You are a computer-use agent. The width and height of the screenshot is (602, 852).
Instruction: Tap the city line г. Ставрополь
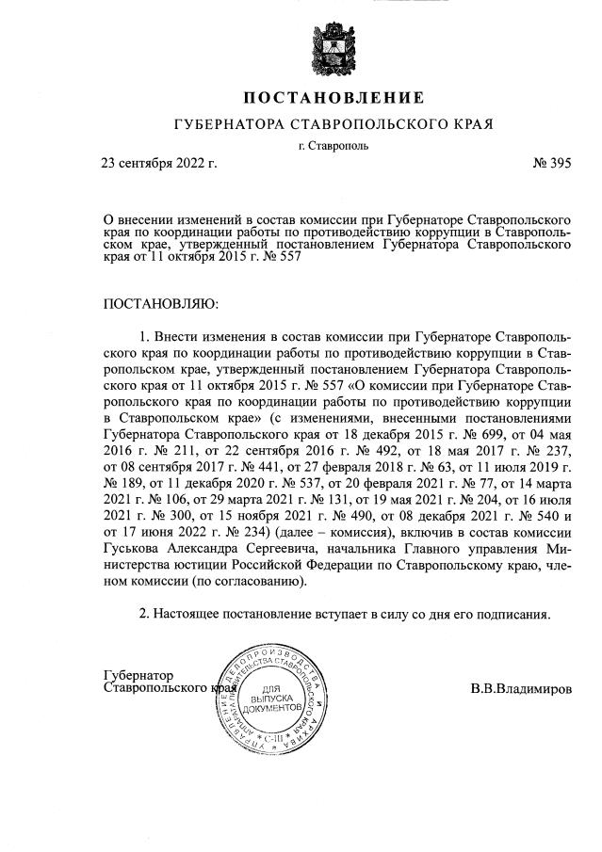[x=333, y=145]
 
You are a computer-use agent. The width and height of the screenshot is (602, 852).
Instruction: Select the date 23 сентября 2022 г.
[x=159, y=163]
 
